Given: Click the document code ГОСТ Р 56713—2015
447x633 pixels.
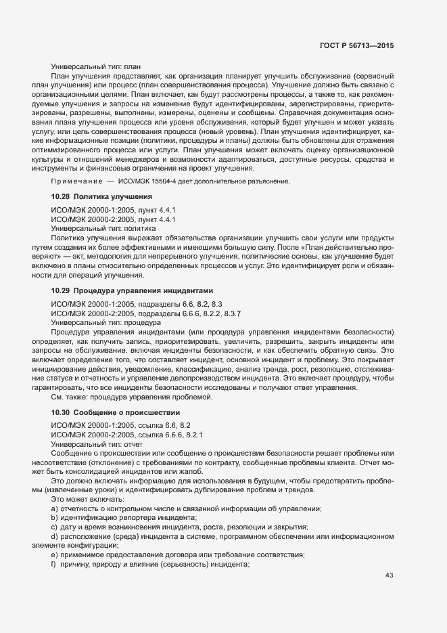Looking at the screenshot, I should pos(356,45).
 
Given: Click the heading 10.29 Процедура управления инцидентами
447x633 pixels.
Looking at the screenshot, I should pos(133,290).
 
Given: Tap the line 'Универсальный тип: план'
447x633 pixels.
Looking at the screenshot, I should pos(96,67).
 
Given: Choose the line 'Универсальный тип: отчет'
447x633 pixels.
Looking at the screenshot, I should pos(99,446).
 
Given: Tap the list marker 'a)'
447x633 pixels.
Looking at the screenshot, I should pos(54,508).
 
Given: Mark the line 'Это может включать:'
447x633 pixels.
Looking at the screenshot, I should pos(83,499).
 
